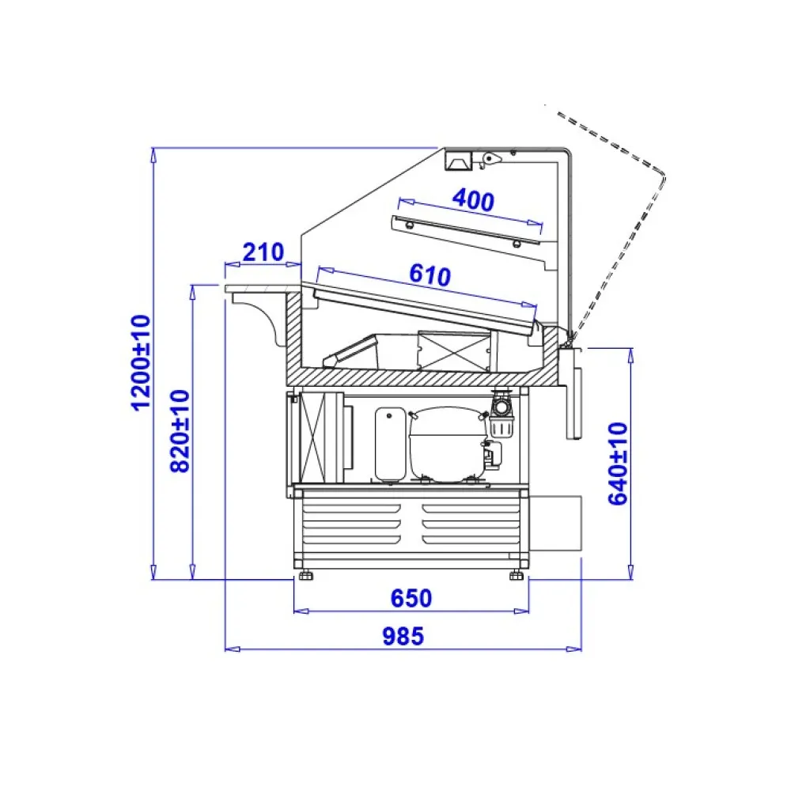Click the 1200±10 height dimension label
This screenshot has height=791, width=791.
[141, 361]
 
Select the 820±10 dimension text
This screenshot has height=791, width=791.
[180, 430]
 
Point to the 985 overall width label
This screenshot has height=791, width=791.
[403, 635]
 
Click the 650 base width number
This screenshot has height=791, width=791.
[411, 599]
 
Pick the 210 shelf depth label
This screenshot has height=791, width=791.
[263, 252]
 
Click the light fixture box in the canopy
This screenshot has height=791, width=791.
[457, 161]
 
